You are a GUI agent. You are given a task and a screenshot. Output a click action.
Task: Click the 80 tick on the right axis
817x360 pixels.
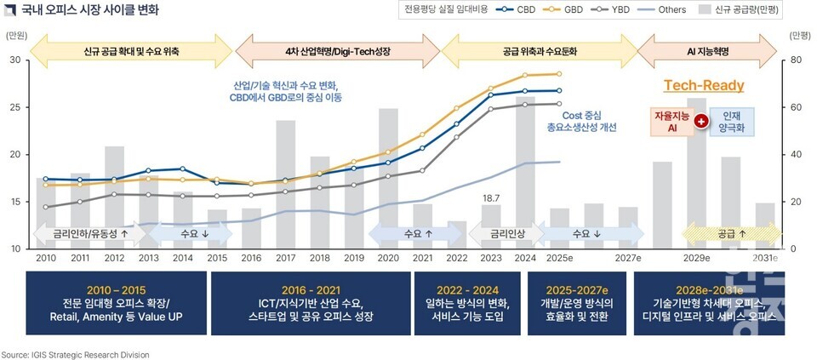coord(795,60)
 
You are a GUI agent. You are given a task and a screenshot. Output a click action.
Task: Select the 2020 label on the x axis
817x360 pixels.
coord(388,258)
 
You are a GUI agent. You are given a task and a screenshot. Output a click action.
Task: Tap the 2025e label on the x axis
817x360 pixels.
coord(559,258)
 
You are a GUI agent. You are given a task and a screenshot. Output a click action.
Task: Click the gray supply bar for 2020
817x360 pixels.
coord(388,178)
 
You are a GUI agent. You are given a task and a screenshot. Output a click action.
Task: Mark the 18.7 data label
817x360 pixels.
coord(491,197)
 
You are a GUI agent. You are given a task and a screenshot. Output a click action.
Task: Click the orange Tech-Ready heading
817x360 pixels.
coord(703,86)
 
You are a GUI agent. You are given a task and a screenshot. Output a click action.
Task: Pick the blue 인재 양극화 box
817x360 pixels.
coord(732,122)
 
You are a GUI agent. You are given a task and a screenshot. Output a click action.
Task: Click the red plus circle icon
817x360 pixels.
coord(701,122)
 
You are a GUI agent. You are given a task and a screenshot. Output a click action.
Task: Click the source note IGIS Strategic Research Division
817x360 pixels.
coord(75,354)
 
